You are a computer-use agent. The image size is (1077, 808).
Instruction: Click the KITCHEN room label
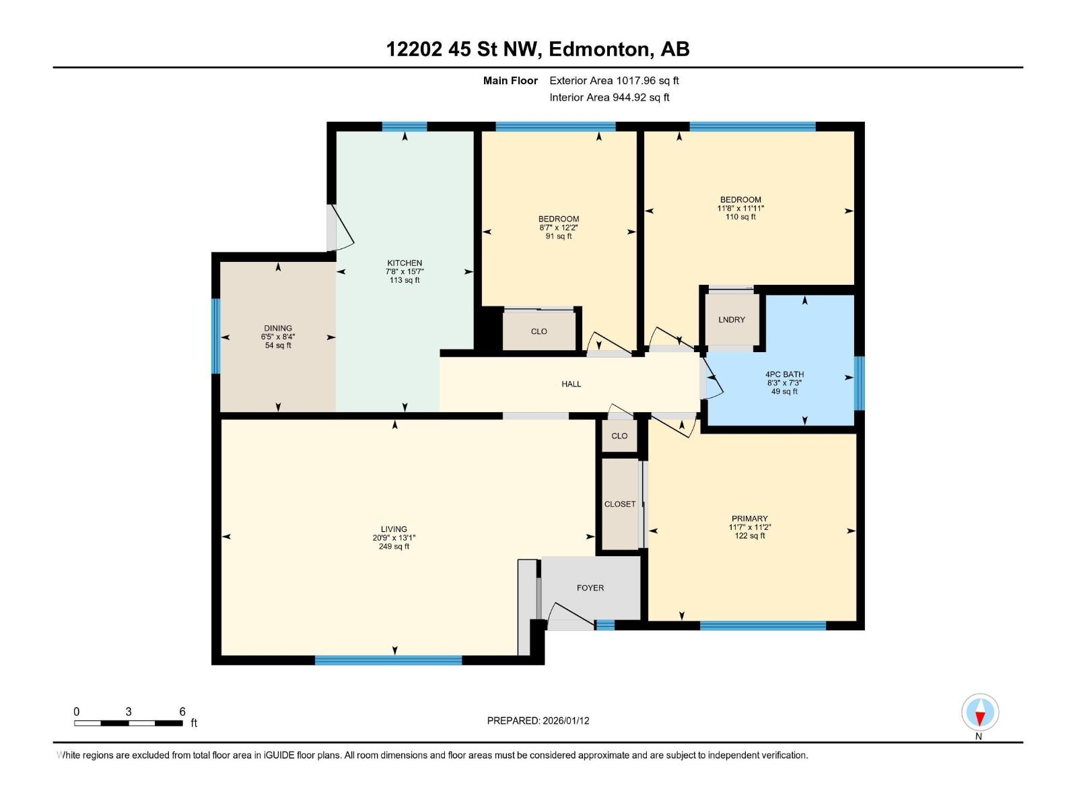point(405,263)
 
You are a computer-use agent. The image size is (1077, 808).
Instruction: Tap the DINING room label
point(278,329)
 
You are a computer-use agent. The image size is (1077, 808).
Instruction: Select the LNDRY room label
point(732,320)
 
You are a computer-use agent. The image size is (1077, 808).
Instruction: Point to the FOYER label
point(590,588)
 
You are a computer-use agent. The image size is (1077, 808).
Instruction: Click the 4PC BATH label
point(784,374)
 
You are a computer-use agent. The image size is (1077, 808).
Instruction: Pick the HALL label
point(571,384)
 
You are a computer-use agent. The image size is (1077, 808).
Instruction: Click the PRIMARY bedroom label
point(749,518)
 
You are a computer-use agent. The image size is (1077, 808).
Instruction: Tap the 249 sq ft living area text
point(394,547)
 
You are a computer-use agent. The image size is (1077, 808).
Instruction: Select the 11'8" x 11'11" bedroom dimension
point(740,209)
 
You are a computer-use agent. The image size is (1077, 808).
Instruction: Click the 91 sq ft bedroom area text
point(559,236)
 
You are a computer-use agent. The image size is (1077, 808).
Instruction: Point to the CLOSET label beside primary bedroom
point(620,504)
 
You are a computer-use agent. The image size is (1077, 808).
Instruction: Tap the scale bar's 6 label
point(182,712)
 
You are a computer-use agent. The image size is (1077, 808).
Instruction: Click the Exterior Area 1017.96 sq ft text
point(614,81)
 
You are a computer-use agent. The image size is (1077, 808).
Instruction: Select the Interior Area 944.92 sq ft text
point(609,98)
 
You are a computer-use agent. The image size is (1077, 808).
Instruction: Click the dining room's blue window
point(216,335)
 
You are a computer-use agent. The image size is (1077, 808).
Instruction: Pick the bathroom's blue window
point(859,383)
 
